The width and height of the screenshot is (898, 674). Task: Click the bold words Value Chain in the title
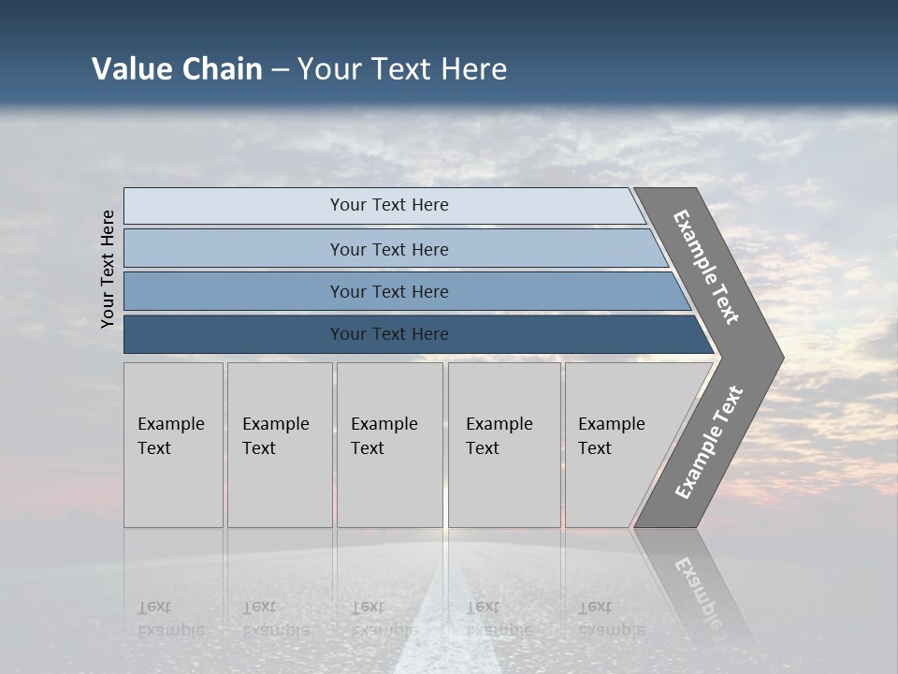[x=177, y=69]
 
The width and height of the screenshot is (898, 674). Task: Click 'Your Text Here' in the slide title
[x=402, y=69]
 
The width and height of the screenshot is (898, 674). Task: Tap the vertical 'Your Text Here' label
[x=109, y=269]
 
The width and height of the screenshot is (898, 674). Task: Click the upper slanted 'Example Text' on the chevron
[x=706, y=267]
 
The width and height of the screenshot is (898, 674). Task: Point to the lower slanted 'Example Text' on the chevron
[x=709, y=443]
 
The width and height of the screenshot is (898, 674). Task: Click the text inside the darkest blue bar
[x=389, y=334]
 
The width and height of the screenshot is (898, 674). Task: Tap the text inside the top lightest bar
[x=389, y=205]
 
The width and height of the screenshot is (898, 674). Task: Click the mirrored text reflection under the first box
[x=170, y=619]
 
